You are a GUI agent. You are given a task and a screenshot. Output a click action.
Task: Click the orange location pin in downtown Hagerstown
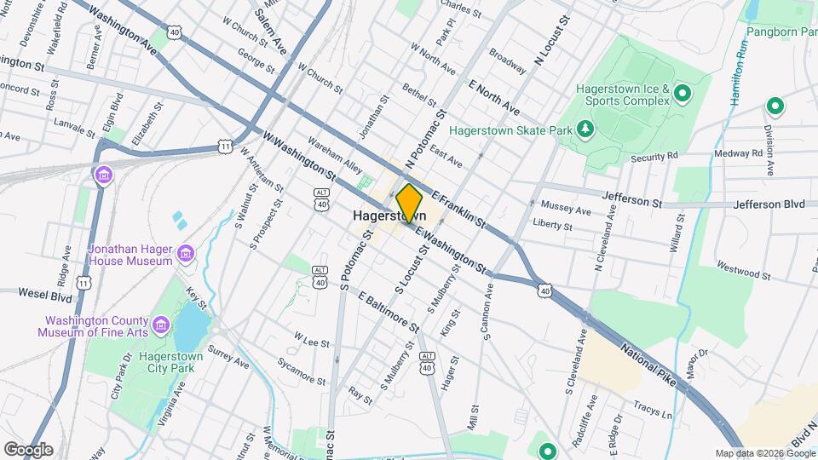tap(409, 203)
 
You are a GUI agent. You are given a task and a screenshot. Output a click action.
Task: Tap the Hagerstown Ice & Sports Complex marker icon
tap(682, 92)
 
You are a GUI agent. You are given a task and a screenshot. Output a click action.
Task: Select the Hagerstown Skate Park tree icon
tap(585, 129)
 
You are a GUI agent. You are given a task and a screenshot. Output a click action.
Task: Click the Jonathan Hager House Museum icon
tap(184, 252)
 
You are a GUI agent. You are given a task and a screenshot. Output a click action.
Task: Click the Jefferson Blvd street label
tap(769, 204)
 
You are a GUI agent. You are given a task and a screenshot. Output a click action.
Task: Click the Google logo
tap(27, 449)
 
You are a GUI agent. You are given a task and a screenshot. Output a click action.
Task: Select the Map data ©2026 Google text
tap(764, 453)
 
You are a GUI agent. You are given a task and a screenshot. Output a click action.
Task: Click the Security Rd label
tap(654, 157)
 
